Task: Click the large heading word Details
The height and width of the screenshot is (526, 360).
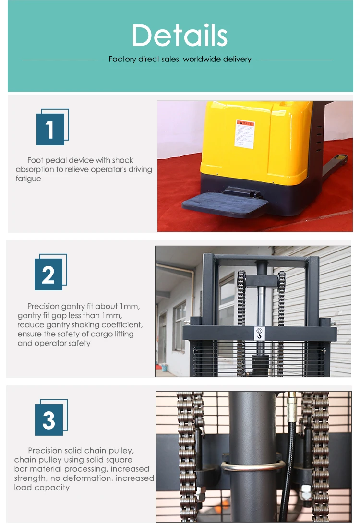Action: pyautogui.click(x=180, y=35)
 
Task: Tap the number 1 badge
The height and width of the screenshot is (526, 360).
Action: pyautogui.click(x=50, y=129)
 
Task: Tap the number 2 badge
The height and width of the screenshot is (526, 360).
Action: pyautogui.click(x=48, y=274)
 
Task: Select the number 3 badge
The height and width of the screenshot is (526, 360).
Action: pyautogui.click(x=49, y=419)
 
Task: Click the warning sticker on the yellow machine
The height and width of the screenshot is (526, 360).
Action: pyautogui.click(x=244, y=133)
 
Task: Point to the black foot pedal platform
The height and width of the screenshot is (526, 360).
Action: pyautogui.click(x=225, y=204)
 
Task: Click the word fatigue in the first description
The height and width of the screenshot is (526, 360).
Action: pyautogui.click(x=28, y=179)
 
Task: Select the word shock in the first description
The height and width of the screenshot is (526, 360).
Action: pyautogui.click(x=122, y=160)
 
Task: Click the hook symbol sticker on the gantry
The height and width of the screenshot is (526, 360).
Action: pyautogui.click(x=260, y=333)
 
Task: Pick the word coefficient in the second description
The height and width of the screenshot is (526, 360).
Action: pyautogui.click(x=121, y=325)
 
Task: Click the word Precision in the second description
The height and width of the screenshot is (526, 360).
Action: pyautogui.click(x=43, y=306)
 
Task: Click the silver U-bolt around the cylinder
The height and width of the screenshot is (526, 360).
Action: pyautogui.click(x=252, y=468)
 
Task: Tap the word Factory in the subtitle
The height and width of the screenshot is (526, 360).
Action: pyautogui.click(x=122, y=60)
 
